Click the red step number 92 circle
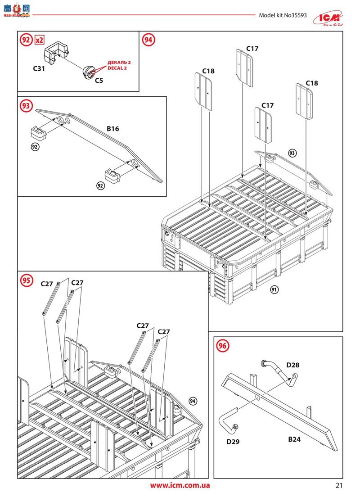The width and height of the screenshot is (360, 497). point(26,40)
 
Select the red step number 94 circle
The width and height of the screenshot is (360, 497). point(148,40)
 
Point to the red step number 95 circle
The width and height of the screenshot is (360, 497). point(26,280)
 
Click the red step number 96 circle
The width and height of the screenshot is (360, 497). point(222,346)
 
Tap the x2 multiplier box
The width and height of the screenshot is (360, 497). point(40,40)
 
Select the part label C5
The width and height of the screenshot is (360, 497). point(99,80)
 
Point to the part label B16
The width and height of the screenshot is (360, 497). point(113,129)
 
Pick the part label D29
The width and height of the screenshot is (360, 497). point(233,442)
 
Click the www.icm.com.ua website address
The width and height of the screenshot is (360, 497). point(180,485)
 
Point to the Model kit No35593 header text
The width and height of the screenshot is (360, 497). point(283,15)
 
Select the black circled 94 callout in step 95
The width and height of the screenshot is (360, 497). point(193,401)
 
